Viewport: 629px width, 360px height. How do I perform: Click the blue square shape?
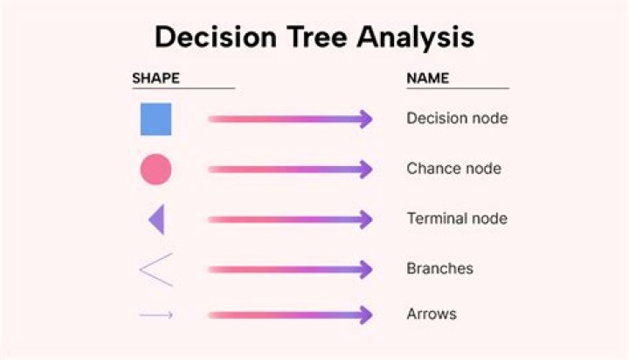[x=156, y=120]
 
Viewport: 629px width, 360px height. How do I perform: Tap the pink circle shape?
[x=156, y=170]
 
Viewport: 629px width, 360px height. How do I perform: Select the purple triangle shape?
[x=157, y=219]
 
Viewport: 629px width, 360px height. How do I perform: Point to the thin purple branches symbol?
[x=156, y=269]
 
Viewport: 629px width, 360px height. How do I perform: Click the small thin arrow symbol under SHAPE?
[x=156, y=315]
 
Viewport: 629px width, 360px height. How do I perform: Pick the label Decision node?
[x=457, y=118]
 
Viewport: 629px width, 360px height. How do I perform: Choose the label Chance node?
[x=453, y=169]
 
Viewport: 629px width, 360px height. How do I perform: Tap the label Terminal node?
[x=457, y=218]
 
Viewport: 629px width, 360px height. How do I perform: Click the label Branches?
[x=439, y=268]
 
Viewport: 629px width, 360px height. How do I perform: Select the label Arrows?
[x=432, y=314]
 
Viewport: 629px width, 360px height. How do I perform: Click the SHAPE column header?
[x=156, y=78]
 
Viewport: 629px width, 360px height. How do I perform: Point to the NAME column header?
[x=428, y=78]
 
